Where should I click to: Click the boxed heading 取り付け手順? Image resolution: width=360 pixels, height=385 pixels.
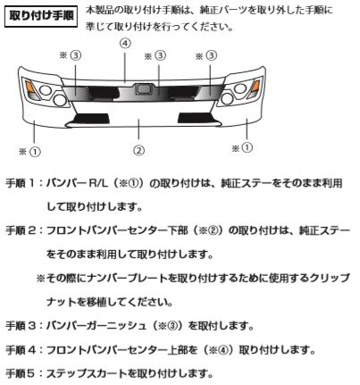pyautogui.click(x=41, y=17)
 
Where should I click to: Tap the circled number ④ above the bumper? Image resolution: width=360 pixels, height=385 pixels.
pyautogui.click(x=125, y=44)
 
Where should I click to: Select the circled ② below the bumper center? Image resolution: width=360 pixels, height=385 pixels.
pyautogui.click(x=138, y=150)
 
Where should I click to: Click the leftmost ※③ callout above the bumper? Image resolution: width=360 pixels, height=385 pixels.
pyautogui.click(x=71, y=55)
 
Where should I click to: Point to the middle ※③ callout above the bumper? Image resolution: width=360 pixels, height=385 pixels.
pyautogui.click(x=155, y=55)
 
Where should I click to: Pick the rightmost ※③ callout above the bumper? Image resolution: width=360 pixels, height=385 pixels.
pyautogui.click(x=206, y=55)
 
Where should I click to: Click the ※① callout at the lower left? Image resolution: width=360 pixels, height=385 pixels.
pyautogui.click(x=29, y=152)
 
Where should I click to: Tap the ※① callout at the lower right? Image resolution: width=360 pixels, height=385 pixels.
pyautogui.click(x=242, y=147)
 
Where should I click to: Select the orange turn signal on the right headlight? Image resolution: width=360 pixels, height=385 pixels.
pyautogui.click(x=255, y=88)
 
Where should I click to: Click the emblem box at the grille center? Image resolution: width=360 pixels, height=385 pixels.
pyautogui.click(x=144, y=88)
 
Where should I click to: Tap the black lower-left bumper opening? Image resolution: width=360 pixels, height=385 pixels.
pyautogui.click(x=91, y=118)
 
